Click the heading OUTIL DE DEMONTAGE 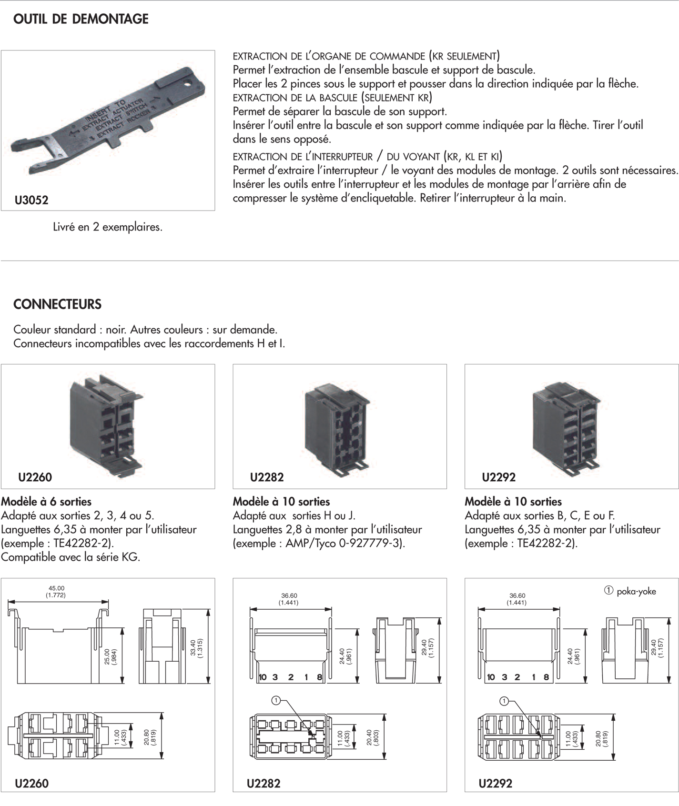click(81, 19)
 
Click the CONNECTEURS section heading click(57, 304)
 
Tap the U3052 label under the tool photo click(31, 200)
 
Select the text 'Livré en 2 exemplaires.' click(108, 227)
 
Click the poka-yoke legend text click(636, 592)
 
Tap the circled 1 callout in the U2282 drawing click(275, 700)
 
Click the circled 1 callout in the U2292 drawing click(504, 701)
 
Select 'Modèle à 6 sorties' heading click(46, 502)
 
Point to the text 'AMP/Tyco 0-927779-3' click(343, 543)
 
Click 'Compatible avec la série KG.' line click(71, 557)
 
